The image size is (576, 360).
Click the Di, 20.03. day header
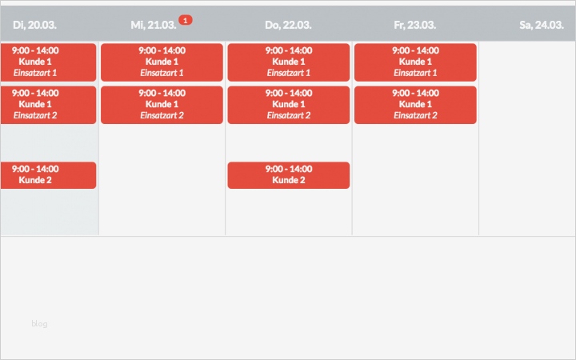point(34,25)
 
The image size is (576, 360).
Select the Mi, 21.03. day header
point(153,25)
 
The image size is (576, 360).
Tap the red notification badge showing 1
point(185,19)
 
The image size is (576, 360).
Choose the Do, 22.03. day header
point(288,25)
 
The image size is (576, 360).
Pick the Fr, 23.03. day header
point(414,25)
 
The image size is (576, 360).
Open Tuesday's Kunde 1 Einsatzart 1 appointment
point(47,62)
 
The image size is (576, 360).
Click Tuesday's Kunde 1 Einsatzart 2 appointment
point(47,105)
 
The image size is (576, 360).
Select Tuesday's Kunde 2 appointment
point(47,175)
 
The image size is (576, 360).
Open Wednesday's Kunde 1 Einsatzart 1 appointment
point(162,62)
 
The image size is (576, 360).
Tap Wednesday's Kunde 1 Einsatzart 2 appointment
point(162,105)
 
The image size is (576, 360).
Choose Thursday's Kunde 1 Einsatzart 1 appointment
point(288,62)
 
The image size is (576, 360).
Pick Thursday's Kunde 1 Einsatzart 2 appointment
point(288,105)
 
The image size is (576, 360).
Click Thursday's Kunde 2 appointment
point(288,175)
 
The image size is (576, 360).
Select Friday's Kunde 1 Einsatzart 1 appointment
point(414,62)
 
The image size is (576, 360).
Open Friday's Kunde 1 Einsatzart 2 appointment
point(414,105)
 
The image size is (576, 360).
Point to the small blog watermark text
point(40,324)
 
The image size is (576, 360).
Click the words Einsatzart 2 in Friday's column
point(414,115)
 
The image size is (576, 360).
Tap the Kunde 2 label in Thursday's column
point(288,180)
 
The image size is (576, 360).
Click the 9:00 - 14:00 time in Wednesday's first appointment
point(162,50)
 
